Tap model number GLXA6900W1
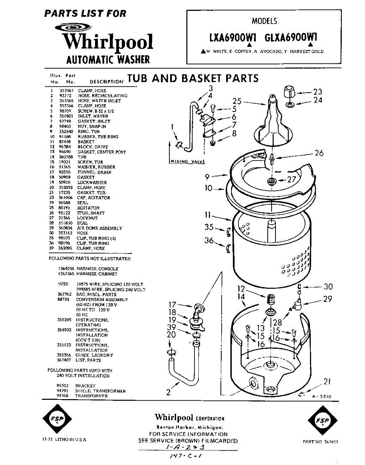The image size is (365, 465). click(x=291, y=38)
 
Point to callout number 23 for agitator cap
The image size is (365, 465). click(x=318, y=92)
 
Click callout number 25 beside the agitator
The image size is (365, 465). click(x=237, y=102)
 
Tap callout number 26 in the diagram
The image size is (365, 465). click(x=319, y=153)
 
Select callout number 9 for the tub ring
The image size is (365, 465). click(x=208, y=177)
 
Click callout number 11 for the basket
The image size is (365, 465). click(x=208, y=215)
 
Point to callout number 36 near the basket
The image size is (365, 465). click(x=209, y=241)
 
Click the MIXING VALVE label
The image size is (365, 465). click(x=187, y=162)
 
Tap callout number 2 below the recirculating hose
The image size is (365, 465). click(x=169, y=392)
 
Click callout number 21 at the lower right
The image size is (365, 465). click(x=327, y=382)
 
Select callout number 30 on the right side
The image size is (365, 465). click(x=328, y=287)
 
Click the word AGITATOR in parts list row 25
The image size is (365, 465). click(x=88, y=208)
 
